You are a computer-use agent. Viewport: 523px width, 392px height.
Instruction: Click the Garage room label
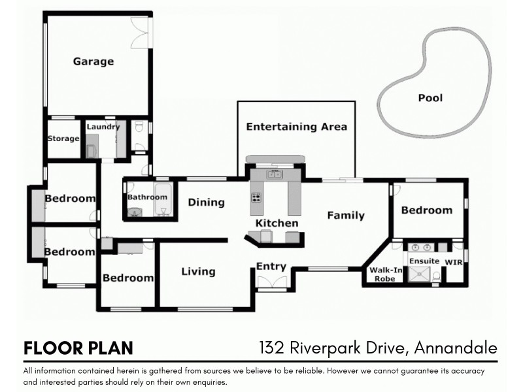pyautogui.click(x=93, y=61)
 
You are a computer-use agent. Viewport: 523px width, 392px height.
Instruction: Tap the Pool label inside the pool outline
pyautogui.click(x=430, y=98)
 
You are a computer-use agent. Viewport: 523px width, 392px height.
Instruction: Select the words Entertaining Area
pyautogui.click(x=296, y=127)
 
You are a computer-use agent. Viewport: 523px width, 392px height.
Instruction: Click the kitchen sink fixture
pyautogui.click(x=274, y=174)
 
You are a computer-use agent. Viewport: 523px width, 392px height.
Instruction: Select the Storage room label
pyautogui.click(x=63, y=139)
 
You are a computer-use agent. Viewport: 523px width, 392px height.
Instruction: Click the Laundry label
pyautogui.click(x=103, y=127)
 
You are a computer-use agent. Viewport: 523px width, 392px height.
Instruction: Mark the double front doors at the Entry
pyautogui.click(x=271, y=282)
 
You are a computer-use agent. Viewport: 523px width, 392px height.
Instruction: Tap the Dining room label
pyautogui.click(x=206, y=203)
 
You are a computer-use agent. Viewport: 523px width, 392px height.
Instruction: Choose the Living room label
pyautogui.click(x=198, y=272)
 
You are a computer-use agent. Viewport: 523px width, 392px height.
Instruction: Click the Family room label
pyautogui.click(x=346, y=215)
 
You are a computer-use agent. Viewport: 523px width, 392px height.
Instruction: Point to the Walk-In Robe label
pyautogui.click(x=381, y=274)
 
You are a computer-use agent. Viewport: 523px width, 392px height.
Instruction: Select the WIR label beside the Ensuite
pyautogui.click(x=454, y=262)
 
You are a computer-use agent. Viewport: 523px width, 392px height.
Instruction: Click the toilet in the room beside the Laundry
pyautogui.click(x=138, y=130)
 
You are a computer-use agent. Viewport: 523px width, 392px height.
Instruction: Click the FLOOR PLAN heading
pyautogui.click(x=78, y=348)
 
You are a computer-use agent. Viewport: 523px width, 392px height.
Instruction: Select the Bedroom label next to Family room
pyautogui.click(x=426, y=210)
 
